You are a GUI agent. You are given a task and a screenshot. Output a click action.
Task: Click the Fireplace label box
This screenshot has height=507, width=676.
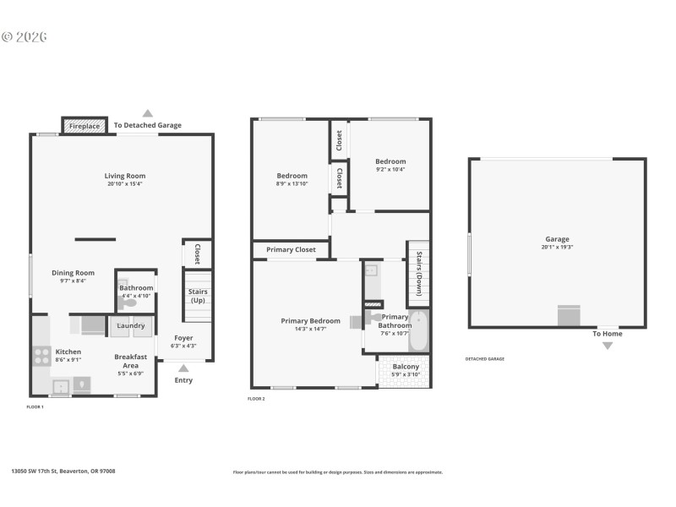click(x=84, y=125)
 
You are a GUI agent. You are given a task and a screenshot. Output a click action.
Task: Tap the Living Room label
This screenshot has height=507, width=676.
click(x=125, y=176)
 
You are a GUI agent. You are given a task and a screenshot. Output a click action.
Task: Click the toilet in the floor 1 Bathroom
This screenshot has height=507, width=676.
click(x=129, y=303)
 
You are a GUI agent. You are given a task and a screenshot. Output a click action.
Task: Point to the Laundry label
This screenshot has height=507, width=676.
click(x=130, y=325)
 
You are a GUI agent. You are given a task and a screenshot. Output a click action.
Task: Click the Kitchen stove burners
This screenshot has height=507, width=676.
click(x=41, y=355)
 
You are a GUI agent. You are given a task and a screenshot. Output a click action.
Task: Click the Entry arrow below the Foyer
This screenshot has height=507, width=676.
click(x=183, y=368)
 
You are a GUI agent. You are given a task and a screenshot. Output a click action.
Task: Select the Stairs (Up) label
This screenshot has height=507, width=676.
click(x=198, y=296)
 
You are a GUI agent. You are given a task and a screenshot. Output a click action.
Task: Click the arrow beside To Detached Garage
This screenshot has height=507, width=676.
click(x=148, y=112)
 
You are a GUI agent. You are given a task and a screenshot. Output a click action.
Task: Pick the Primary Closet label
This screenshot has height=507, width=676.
click(x=291, y=250)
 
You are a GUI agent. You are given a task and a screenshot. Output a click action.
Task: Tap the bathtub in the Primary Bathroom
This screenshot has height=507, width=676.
click(x=418, y=332)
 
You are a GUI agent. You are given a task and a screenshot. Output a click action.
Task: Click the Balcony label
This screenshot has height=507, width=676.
click(x=406, y=367)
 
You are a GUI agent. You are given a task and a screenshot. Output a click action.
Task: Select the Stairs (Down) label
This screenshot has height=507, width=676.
click(x=418, y=273)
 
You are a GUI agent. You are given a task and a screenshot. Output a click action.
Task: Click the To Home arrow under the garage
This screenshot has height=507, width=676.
click(x=608, y=346)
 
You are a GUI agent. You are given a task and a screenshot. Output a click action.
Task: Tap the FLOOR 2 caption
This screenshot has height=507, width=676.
click(x=256, y=398)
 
